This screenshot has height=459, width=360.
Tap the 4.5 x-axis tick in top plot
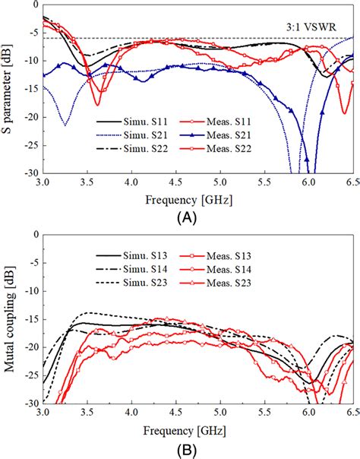pos(176,183)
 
